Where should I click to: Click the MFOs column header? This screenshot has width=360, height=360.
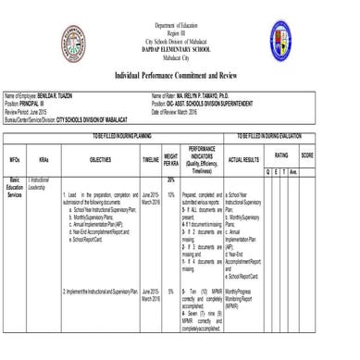(15, 159)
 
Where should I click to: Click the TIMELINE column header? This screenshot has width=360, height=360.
(151, 159)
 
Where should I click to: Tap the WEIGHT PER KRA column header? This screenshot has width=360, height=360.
(171, 159)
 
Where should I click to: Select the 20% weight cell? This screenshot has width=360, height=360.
(171, 180)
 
